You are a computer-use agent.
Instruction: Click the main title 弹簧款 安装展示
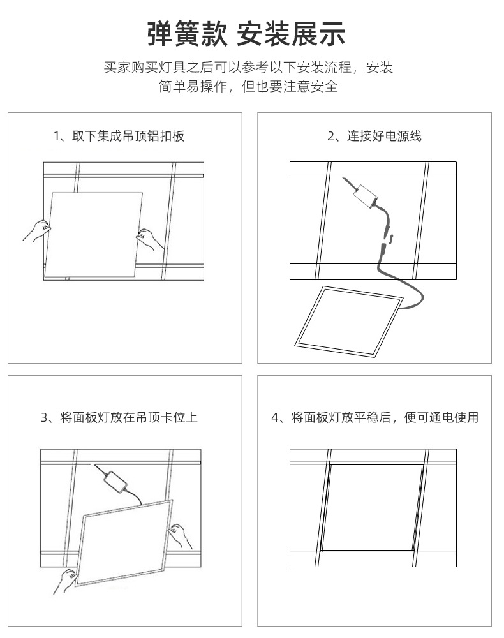click(247, 34)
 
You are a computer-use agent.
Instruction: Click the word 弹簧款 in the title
click(187, 34)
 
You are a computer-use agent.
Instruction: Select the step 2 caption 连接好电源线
click(374, 136)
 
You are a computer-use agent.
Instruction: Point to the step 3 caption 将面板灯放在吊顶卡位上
click(119, 418)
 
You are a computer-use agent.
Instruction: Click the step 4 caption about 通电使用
click(374, 418)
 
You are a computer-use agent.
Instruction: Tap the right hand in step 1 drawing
click(151, 239)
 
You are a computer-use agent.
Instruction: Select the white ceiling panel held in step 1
click(94, 233)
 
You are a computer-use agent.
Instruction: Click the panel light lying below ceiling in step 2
click(348, 321)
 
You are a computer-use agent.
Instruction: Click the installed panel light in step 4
click(373, 508)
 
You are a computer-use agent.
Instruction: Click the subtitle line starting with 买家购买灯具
click(248, 68)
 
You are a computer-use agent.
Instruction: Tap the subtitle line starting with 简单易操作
click(248, 87)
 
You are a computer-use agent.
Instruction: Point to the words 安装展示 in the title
click(291, 34)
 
